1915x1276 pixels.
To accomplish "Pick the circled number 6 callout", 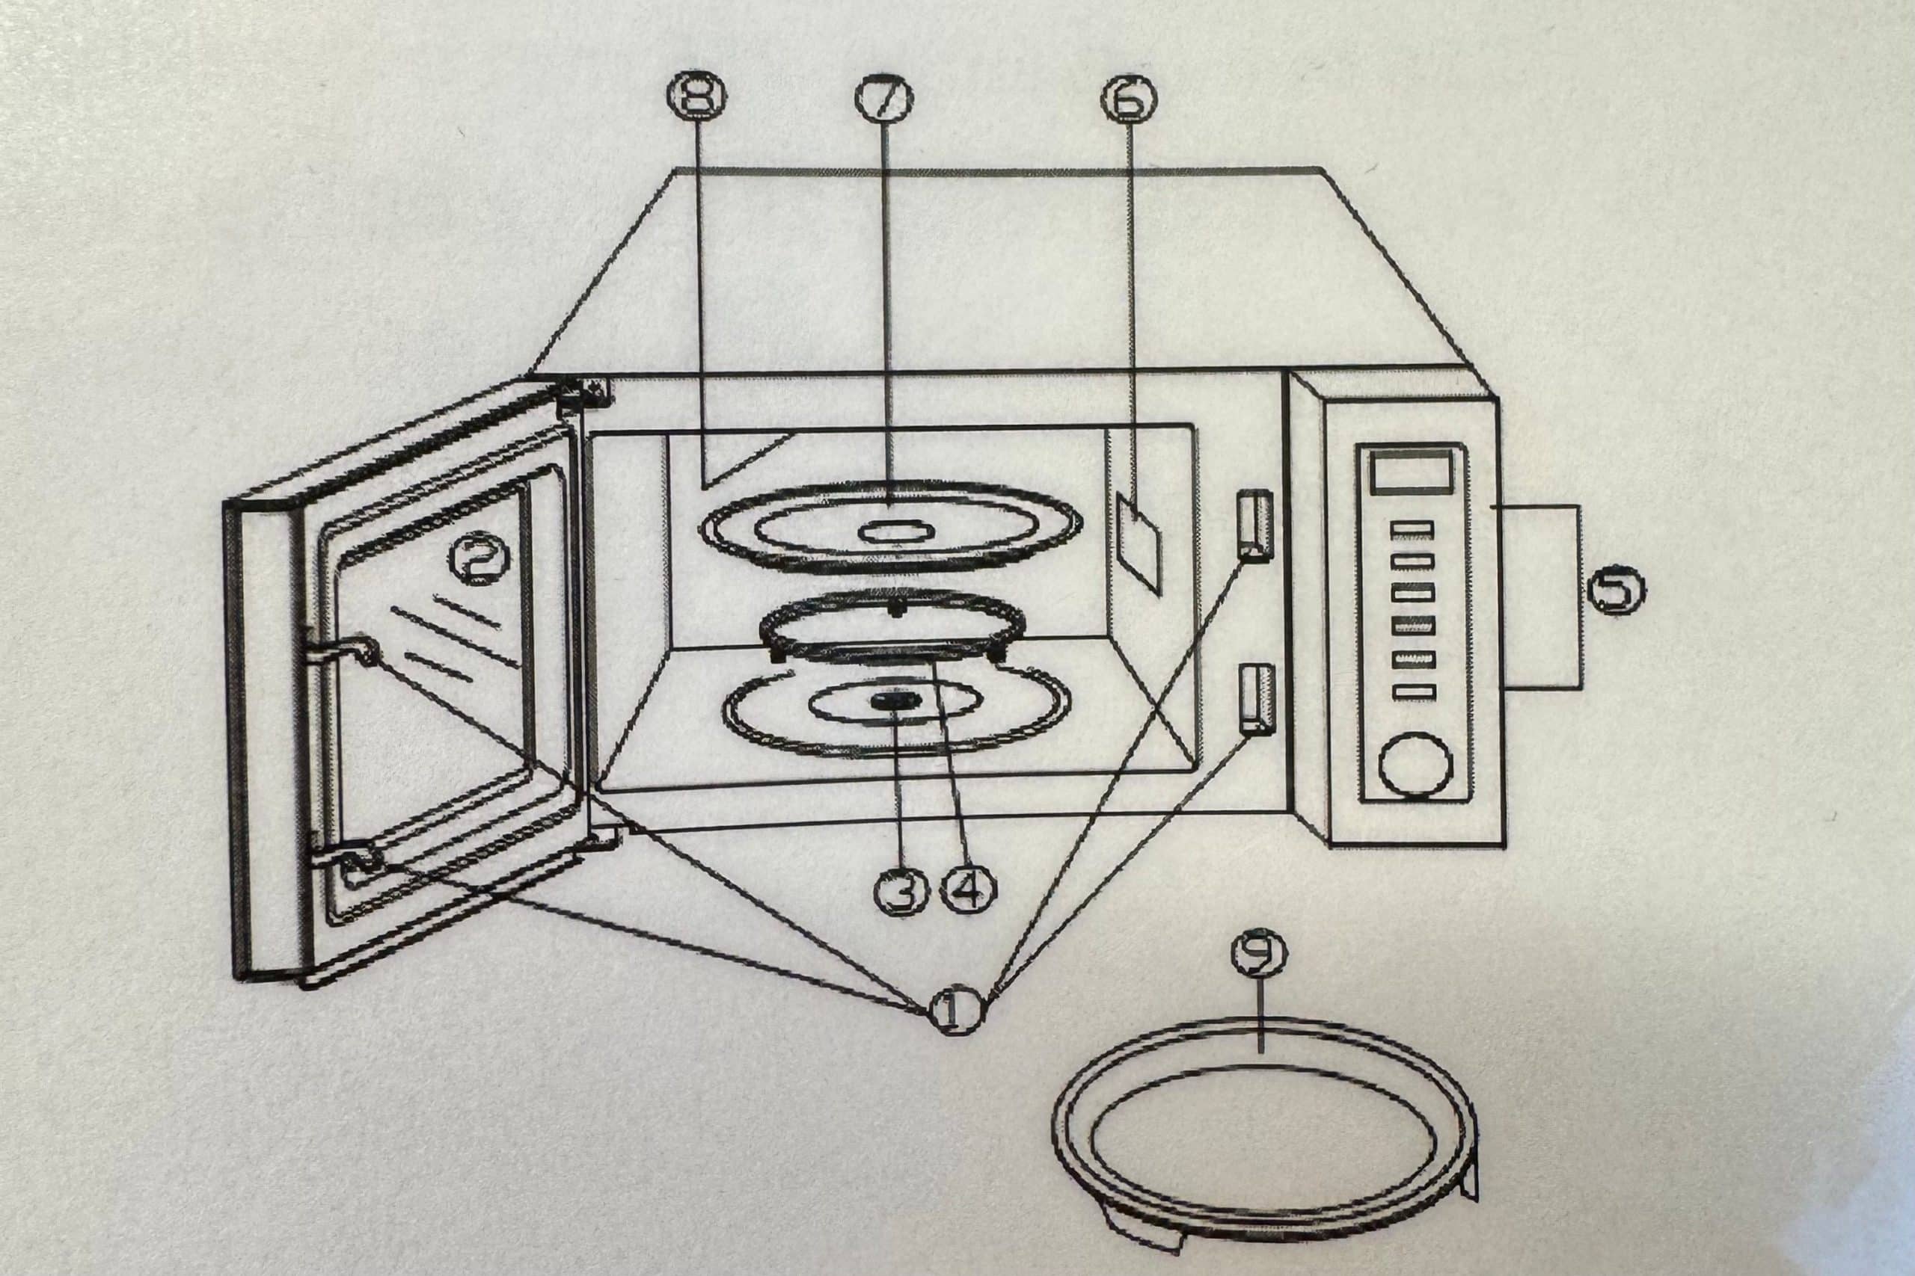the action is point(1129,99).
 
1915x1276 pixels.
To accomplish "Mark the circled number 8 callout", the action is point(698,94).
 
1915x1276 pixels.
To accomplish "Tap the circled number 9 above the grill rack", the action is point(1260,955).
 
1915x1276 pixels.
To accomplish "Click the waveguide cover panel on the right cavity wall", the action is point(1138,543).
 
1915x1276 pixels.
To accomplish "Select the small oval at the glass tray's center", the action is point(892,532).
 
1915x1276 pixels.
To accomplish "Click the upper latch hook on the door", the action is point(340,650).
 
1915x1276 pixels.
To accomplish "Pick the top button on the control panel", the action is point(1412,530).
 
